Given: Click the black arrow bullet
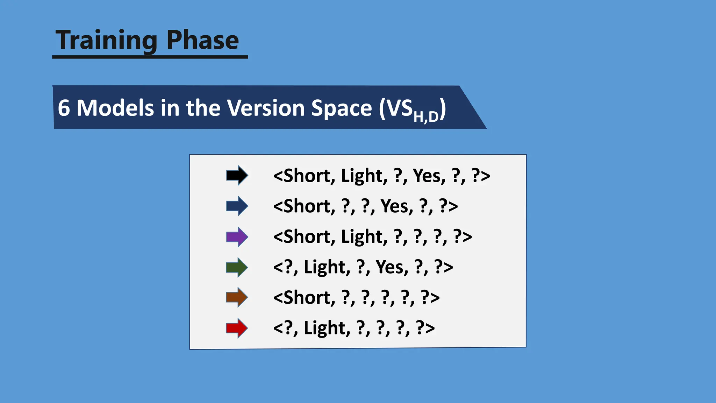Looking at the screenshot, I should click(x=237, y=175).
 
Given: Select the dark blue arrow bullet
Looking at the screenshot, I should click(x=237, y=206).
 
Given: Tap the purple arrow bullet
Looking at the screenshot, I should click(x=237, y=237).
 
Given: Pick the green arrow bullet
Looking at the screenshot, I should click(x=237, y=267).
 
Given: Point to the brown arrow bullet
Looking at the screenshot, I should click(x=237, y=297).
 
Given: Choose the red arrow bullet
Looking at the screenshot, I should click(x=237, y=328).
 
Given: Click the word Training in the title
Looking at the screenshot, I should click(x=106, y=40).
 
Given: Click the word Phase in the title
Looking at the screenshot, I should click(x=203, y=40).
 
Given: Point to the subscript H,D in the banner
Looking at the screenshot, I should click(x=425, y=116).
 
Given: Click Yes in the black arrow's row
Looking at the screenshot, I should click(x=429, y=176).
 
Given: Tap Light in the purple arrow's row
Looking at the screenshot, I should click(x=364, y=237).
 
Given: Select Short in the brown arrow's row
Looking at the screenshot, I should click(x=304, y=298).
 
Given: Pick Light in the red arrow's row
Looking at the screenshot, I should click(x=327, y=328).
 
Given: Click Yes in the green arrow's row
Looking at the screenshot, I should click(x=392, y=267).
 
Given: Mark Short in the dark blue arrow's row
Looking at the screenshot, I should click(x=304, y=206).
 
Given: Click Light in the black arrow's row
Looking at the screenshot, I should click(x=364, y=176).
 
